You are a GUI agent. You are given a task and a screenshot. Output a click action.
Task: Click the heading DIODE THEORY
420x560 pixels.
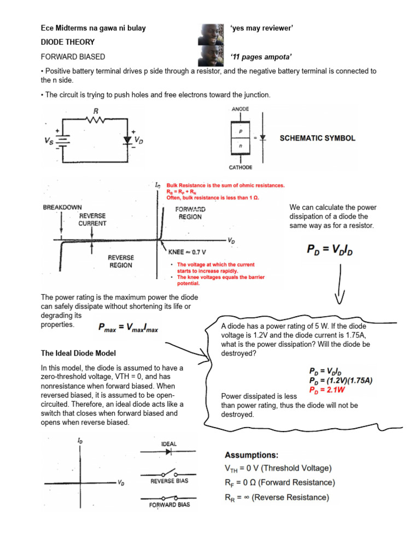coord(68,42)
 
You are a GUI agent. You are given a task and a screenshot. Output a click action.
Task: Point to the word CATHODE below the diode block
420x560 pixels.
coord(241,167)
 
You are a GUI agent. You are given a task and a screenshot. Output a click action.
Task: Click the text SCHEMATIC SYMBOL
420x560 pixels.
coord(317,138)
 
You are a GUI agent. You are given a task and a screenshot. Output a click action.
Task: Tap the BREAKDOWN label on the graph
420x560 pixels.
coord(62,208)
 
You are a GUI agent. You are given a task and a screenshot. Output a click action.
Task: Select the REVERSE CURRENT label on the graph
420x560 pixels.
coord(92,220)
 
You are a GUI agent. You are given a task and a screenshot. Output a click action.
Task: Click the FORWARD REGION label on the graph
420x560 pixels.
coord(189,213)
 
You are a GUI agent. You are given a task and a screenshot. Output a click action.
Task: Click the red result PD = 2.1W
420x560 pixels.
coord(329,390)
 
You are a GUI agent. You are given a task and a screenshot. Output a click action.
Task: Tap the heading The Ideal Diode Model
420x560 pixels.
coord(78,353)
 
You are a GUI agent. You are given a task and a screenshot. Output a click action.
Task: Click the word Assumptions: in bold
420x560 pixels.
coord(252,455)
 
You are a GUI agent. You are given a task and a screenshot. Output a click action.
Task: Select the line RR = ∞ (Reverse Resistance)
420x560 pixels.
coord(277,497)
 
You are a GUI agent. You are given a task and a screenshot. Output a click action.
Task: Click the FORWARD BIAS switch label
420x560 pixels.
coord(170,505)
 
